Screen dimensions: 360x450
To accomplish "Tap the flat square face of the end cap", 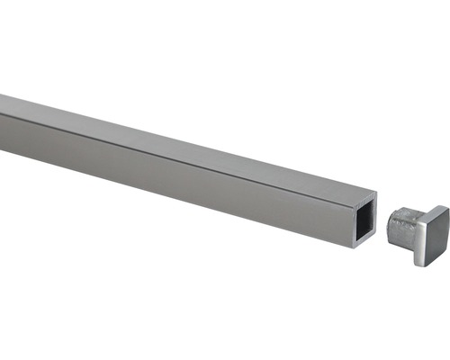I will (430, 236).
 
